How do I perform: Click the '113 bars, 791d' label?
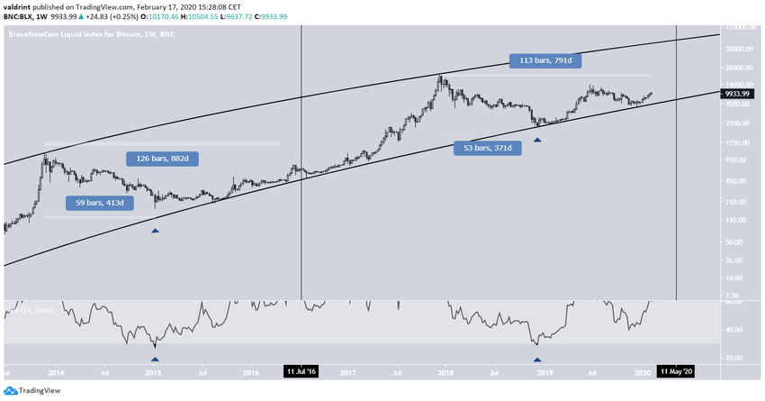click(547, 62)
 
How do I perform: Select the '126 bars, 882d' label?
click(161, 159)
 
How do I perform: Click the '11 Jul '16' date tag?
click(301, 371)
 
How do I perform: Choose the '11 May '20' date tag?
click(676, 371)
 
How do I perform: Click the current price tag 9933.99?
click(742, 92)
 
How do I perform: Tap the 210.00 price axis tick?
click(742, 201)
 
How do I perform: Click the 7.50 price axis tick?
click(742, 295)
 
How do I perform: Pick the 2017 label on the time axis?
click(347, 371)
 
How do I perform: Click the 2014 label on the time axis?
click(56, 371)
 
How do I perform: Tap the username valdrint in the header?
click(20, 5)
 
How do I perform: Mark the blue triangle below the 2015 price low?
click(155, 232)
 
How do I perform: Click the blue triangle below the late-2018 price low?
click(538, 139)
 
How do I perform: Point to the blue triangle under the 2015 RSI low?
click(155, 359)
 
